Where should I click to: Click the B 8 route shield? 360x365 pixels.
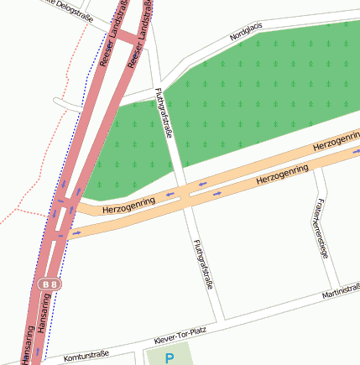[50, 285]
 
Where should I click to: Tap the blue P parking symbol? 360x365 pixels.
[170, 358]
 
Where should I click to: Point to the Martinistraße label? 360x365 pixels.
[341, 292]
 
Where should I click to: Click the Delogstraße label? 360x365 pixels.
[67, 8]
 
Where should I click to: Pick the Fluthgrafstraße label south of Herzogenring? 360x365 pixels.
[201, 265]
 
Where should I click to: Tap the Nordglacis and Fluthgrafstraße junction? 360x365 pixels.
[156, 87]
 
